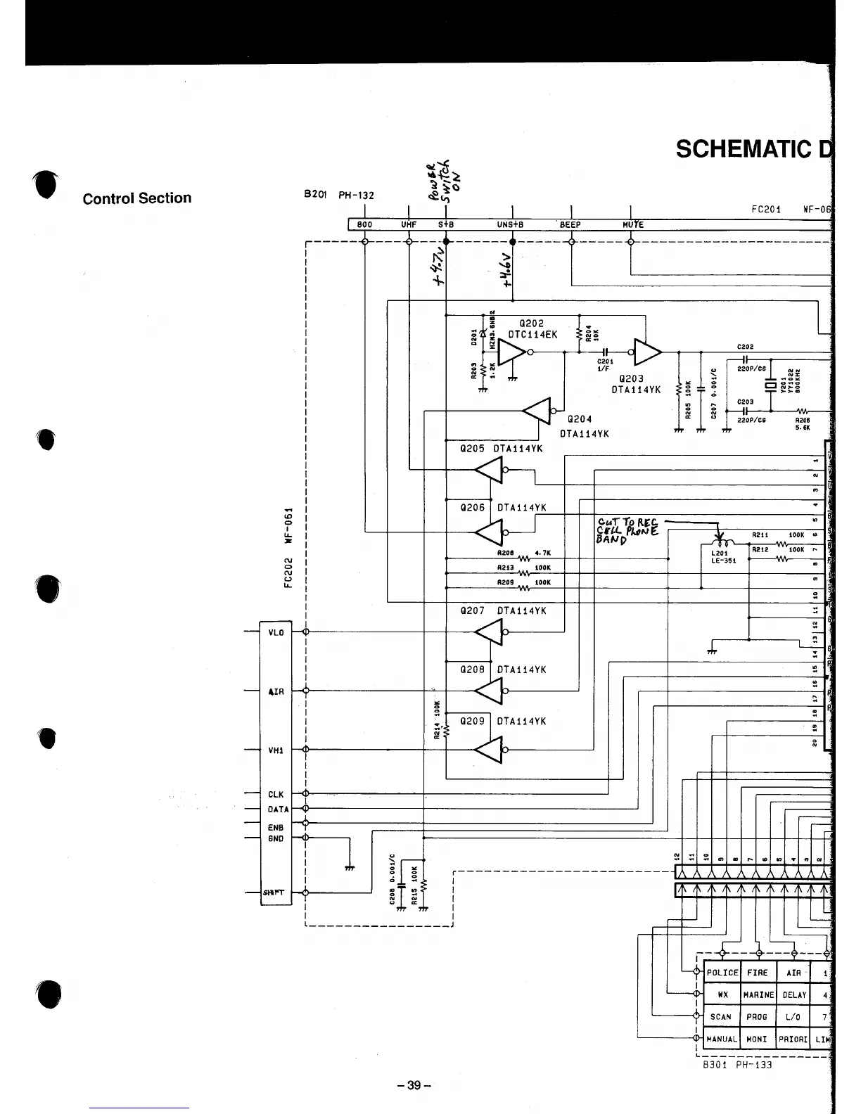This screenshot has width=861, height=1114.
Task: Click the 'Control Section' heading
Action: point(137,198)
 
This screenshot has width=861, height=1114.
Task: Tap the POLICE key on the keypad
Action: point(722,973)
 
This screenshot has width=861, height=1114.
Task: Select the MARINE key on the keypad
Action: point(758,995)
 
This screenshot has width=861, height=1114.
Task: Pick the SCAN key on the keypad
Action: point(721,1017)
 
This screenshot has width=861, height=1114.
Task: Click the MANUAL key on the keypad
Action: point(722,1039)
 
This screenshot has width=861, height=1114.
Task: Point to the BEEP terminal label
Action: point(570,225)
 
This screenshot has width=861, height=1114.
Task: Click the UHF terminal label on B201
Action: point(409,225)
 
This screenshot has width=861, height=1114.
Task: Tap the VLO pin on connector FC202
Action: point(276,632)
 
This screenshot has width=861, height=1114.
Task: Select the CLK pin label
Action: point(276,795)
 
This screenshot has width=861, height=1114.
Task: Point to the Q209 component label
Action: point(472,721)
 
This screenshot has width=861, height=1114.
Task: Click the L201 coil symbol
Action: point(718,544)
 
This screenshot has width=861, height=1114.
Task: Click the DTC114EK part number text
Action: point(532,335)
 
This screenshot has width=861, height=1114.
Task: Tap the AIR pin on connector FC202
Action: point(276,691)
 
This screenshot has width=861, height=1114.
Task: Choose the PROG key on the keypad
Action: point(758,1017)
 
